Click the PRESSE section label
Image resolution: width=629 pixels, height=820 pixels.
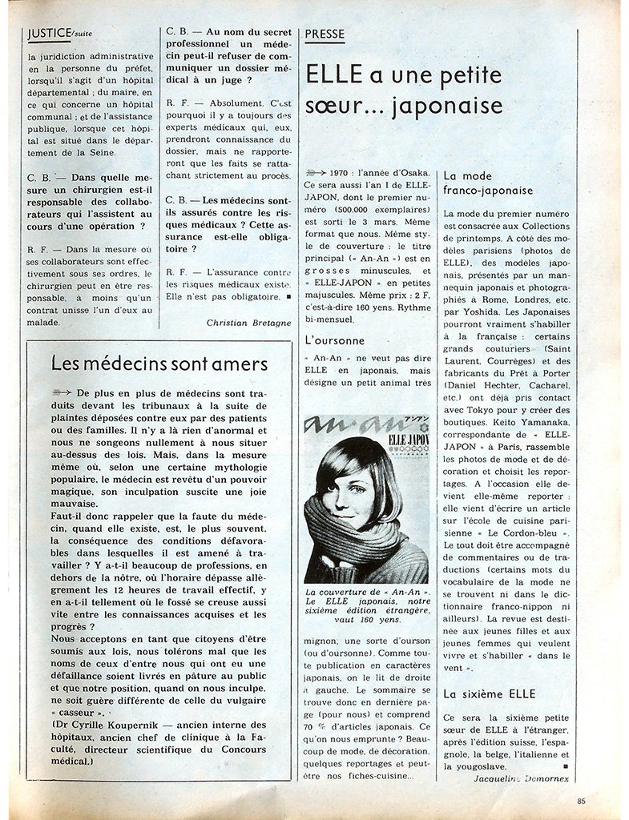tap(325, 34)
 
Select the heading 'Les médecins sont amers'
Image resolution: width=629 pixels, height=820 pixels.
tap(159, 364)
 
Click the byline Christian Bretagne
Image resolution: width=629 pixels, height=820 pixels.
tap(248, 323)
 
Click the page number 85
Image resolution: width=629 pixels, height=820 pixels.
tap(583, 800)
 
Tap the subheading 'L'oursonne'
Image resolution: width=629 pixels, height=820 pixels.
tap(335, 340)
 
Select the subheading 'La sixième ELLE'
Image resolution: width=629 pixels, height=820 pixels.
tap(489, 693)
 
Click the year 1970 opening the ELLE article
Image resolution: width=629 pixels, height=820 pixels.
tap(344, 173)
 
